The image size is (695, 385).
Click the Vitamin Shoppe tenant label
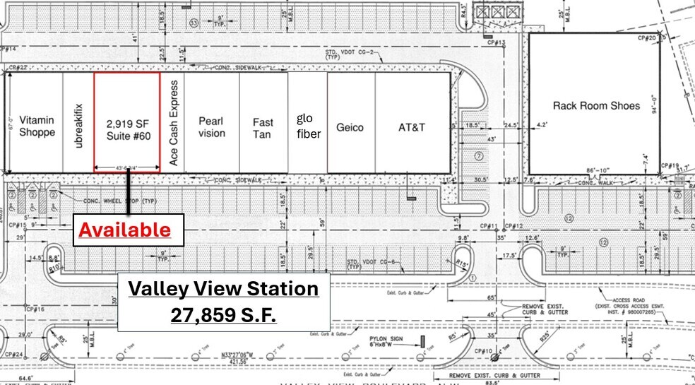pos(37,126)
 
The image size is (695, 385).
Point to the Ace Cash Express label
pos(174,122)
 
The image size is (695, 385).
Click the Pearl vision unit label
pos(211,127)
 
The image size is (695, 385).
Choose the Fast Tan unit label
pos(263,127)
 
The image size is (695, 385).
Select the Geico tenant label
pos(350,127)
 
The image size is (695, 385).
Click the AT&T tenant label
pos(412,127)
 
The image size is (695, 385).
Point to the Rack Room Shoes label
pos(596,106)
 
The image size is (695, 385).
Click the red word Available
pos(124,230)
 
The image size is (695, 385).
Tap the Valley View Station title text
pos(223,289)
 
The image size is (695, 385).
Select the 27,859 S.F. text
pos(223,315)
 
